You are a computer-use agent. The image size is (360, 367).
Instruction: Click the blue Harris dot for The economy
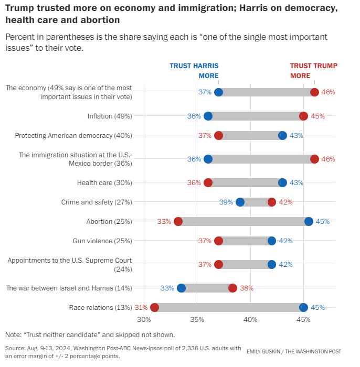click(219, 92)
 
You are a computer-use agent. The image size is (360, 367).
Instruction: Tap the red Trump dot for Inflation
click(303, 116)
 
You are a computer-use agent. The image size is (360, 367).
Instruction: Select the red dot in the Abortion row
click(178, 221)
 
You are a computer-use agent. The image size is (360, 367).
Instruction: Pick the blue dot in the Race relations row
click(303, 307)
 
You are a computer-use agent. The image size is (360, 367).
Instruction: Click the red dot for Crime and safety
click(272, 202)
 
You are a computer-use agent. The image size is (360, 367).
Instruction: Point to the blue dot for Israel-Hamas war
click(181, 288)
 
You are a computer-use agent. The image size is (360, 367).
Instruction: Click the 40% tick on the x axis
click(250, 320)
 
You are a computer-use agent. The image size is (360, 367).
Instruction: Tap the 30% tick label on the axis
click(144, 320)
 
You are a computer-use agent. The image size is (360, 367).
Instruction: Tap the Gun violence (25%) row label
click(102, 241)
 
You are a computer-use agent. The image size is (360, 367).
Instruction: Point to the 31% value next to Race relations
click(141, 307)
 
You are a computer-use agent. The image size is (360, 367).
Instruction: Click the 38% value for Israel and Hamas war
click(247, 288)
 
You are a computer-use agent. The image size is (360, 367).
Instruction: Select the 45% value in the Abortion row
click(322, 221)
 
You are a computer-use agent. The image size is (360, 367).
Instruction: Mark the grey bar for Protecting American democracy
click(250, 135)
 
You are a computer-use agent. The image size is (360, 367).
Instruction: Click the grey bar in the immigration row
click(261, 159)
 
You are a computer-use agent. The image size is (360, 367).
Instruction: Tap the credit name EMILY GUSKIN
click(263, 351)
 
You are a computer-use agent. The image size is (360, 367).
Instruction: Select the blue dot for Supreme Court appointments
click(272, 264)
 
